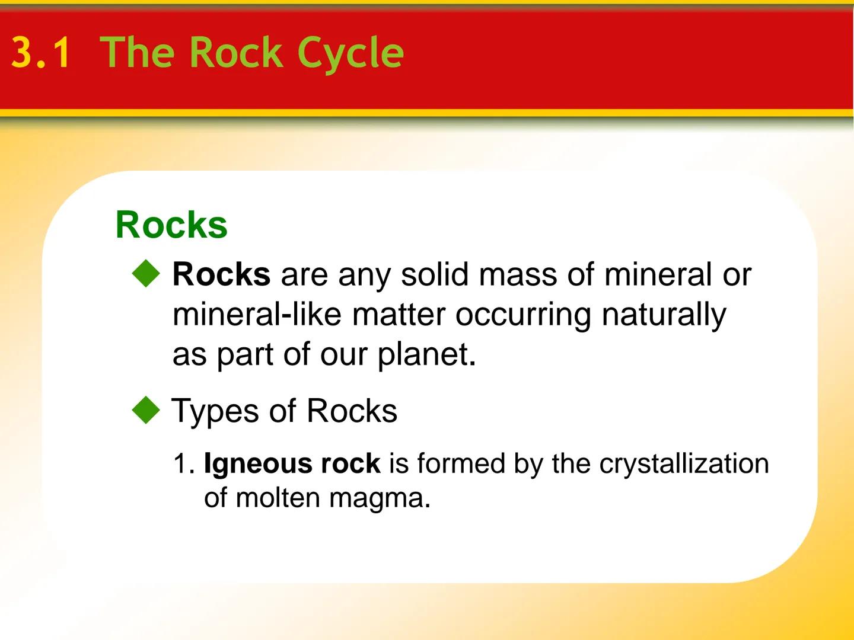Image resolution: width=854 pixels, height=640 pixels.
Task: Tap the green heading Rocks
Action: [171, 225]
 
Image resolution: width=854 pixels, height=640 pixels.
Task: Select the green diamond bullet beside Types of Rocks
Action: [146, 411]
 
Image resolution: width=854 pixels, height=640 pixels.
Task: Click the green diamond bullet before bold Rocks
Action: [146, 274]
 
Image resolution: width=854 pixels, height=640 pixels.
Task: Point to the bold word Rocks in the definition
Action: [221, 274]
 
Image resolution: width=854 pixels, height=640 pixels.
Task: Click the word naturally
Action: [664, 314]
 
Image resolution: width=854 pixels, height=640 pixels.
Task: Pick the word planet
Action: [425, 354]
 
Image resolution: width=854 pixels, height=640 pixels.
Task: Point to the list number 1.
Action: [183, 463]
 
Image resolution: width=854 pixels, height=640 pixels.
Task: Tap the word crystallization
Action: [684, 463]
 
